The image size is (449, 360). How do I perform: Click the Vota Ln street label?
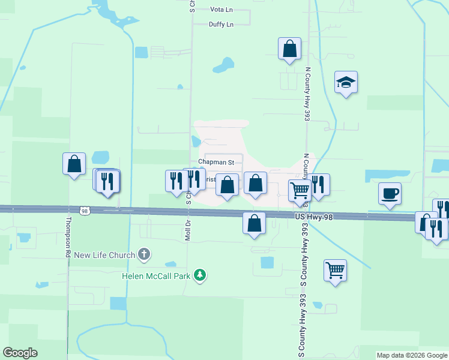(220, 10)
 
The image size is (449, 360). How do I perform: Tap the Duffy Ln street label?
(220, 24)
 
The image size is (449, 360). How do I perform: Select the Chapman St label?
(216, 162)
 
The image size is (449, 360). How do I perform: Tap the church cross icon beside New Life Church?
(144, 255)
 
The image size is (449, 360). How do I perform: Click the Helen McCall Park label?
(156, 276)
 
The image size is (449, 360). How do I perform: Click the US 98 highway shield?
(84, 210)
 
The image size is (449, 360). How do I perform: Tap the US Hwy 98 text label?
(313, 215)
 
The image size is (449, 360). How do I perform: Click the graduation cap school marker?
(346, 82)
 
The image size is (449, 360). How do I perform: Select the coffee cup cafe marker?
(390, 194)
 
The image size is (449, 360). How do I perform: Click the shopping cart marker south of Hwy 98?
(335, 269)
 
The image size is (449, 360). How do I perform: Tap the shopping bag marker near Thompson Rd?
(74, 163)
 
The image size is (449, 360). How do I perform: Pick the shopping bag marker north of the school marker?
(289, 49)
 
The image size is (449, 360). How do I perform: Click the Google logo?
(20, 353)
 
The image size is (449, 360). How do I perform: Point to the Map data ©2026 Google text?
(412, 355)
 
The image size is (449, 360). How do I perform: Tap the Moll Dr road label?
(188, 228)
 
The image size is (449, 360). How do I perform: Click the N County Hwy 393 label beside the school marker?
(307, 94)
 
